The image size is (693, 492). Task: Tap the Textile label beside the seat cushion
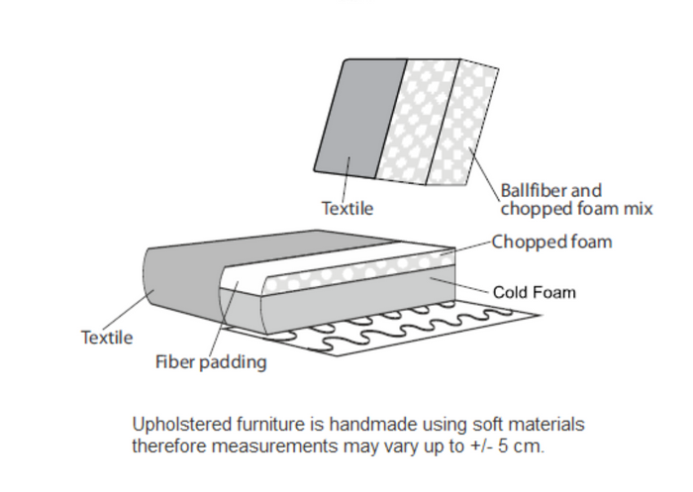[106, 338]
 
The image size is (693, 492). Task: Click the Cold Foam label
[535, 292]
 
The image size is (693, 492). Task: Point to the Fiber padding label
[211, 362]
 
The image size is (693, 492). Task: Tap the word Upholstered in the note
[179, 425]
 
